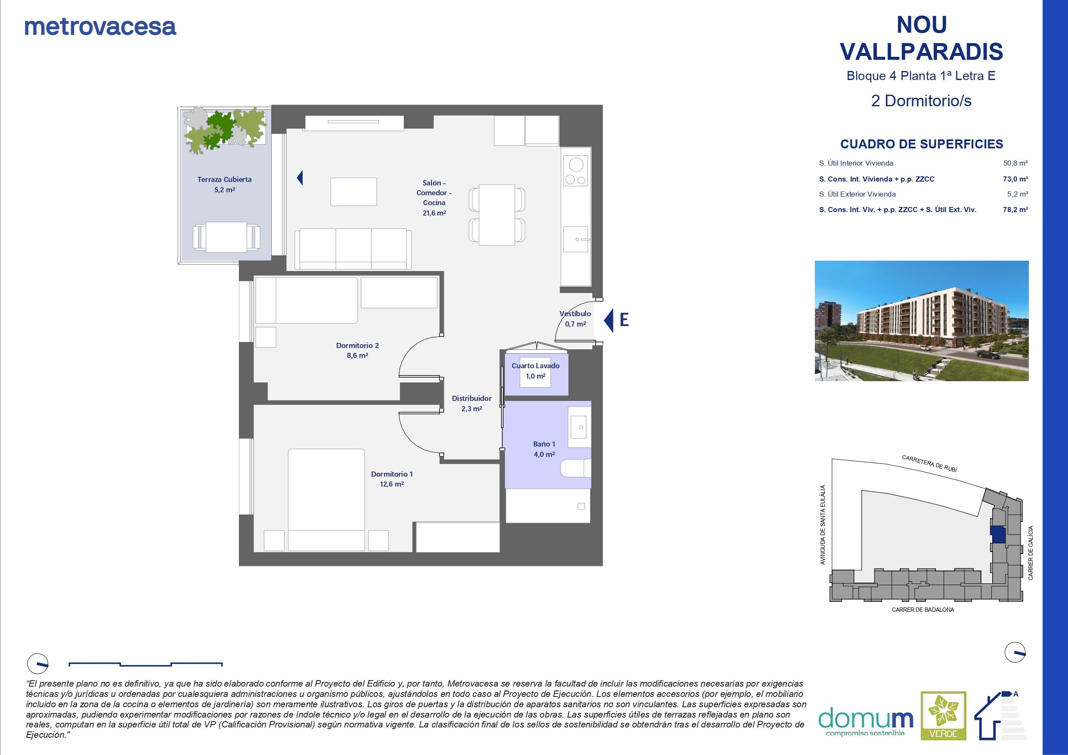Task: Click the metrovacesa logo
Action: pyautogui.click(x=100, y=27)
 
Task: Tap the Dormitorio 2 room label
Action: pyautogui.click(x=357, y=350)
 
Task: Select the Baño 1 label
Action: pyautogui.click(x=544, y=449)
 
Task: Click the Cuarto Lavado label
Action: pyautogui.click(x=536, y=370)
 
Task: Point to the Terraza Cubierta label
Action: pyautogui.click(x=224, y=184)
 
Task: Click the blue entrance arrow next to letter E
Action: pyautogui.click(x=609, y=320)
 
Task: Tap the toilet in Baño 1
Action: pyautogui.click(x=575, y=468)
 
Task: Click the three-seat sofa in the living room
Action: pyautogui.click(x=353, y=249)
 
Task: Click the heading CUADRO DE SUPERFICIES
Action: pyautogui.click(x=922, y=144)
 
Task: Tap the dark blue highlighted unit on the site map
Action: pyautogui.click(x=997, y=534)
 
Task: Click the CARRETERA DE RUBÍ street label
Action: pyautogui.click(x=929, y=463)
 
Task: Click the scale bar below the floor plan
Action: pyautogui.click(x=145, y=664)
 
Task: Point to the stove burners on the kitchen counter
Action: pyautogui.click(x=576, y=171)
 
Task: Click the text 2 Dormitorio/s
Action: pyautogui.click(x=921, y=101)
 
